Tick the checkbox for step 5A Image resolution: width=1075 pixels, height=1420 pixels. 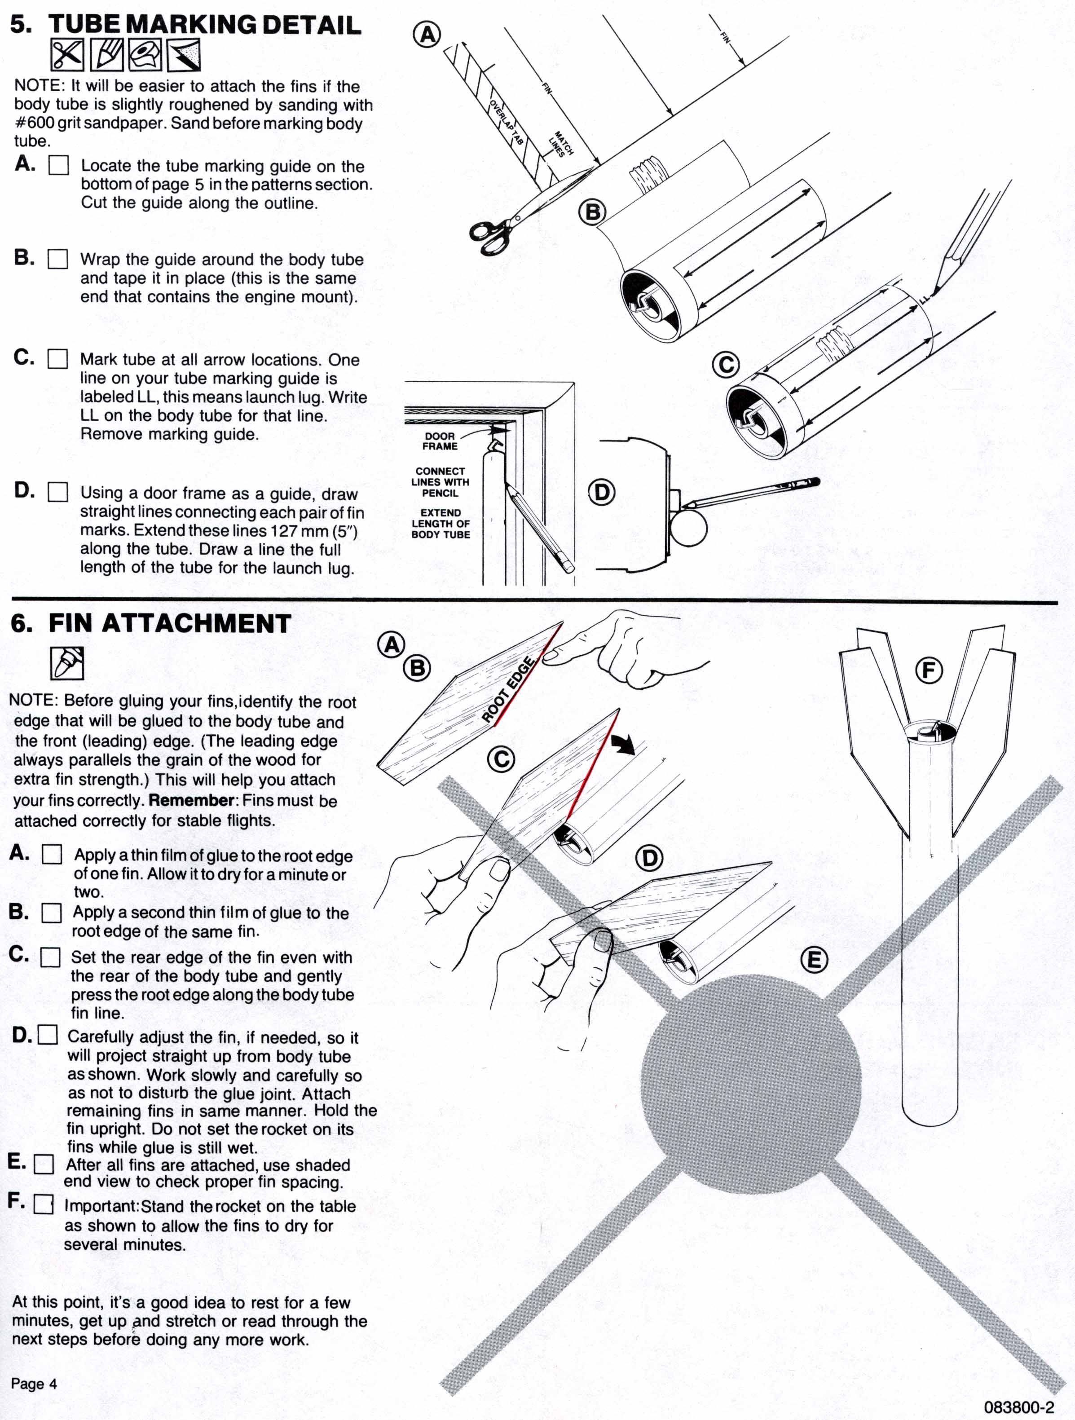58,166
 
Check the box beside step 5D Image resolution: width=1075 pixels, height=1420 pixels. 58,492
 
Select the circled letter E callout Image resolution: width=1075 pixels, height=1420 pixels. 814,960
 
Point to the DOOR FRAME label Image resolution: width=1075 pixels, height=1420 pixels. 440,441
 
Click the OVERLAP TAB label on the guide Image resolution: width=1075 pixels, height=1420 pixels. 507,122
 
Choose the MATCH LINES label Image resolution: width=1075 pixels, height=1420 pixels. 560,145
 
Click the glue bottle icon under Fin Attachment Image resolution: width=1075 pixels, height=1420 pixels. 67,662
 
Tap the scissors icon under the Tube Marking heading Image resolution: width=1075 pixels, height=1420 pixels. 67,55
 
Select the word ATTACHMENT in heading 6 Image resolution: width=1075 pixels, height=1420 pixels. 196,623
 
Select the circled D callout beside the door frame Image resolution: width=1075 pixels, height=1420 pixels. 601,492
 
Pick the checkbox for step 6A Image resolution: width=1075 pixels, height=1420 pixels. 52,855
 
